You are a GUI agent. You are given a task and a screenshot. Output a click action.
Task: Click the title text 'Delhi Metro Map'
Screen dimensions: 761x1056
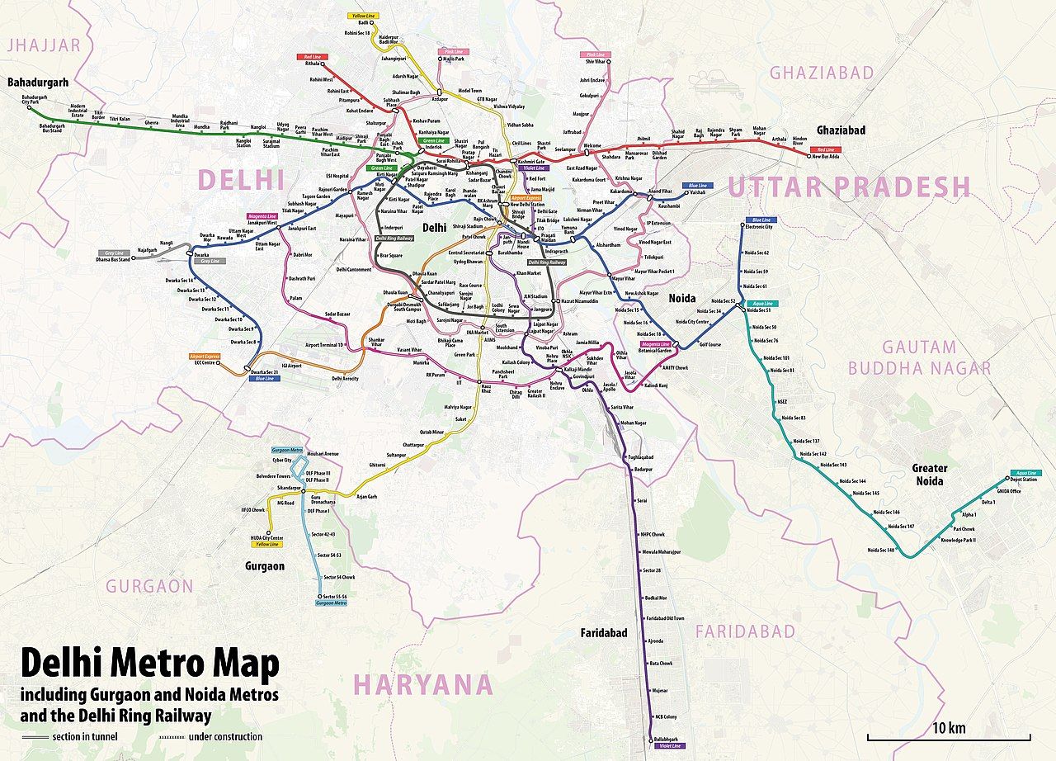(x=149, y=663)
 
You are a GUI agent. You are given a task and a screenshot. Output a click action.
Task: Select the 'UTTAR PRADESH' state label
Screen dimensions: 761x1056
(x=848, y=188)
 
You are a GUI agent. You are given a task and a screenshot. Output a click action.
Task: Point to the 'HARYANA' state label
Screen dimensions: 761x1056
(x=423, y=685)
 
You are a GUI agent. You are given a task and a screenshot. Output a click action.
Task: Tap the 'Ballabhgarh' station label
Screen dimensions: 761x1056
(x=665, y=739)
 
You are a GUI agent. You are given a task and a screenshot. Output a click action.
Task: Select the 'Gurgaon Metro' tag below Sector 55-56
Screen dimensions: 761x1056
(x=331, y=603)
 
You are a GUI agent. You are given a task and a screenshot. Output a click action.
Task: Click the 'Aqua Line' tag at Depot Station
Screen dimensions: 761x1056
(x=1021, y=473)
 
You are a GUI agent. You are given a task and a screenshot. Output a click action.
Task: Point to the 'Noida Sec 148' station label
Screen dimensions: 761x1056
(x=880, y=550)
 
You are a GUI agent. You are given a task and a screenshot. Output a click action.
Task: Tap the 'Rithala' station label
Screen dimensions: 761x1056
(x=313, y=64)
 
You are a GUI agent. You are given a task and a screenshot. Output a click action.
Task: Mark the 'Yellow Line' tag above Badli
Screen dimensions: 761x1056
(x=360, y=16)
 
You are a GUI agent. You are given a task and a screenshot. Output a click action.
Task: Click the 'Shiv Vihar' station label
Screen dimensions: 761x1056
(x=595, y=62)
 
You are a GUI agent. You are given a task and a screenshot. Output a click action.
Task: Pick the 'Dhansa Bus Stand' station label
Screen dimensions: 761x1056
(x=113, y=260)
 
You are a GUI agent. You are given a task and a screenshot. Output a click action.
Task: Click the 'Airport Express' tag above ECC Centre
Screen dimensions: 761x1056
(x=204, y=356)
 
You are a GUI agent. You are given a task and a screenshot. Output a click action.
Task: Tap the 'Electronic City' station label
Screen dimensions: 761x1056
(x=758, y=227)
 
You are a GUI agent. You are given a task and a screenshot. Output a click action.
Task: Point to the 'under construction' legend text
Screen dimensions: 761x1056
(x=225, y=736)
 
